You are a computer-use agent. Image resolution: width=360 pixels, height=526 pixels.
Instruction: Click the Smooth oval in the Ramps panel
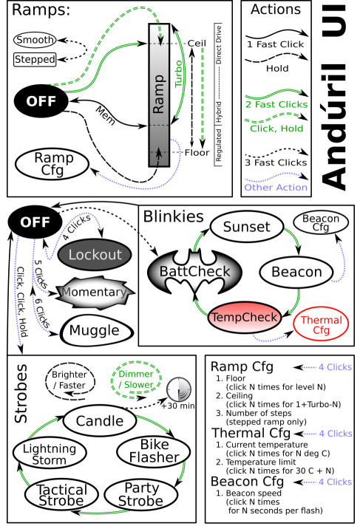[34, 39]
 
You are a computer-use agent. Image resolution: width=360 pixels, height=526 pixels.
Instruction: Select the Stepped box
[34, 58]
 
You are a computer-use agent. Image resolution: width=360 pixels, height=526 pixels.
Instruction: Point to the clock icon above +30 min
[178, 390]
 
